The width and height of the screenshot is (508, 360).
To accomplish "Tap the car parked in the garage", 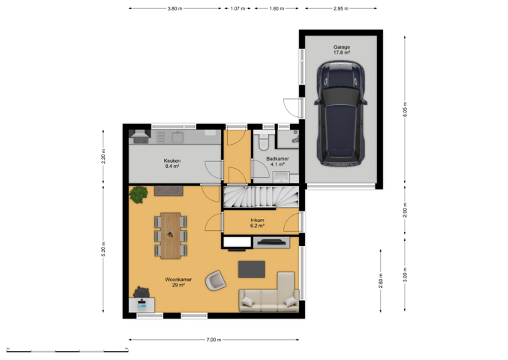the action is [x=341, y=113].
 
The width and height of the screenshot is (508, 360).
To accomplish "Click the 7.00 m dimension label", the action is [x=214, y=340].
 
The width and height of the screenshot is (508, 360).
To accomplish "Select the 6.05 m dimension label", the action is [x=405, y=109].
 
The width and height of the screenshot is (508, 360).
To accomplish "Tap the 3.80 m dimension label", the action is [x=175, y=8].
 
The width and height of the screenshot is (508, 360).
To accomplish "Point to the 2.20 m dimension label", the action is [x=103, y=156].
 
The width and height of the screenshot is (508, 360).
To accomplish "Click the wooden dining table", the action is [x=170, y=235].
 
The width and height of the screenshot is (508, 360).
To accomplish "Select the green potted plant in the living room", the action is [x=139, y=194].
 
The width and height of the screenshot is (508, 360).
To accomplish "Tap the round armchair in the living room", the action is [x=216, y=280].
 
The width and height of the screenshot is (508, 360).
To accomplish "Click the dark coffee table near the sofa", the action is [x=252, y=269].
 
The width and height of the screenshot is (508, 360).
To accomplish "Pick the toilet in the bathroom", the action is [x=264, y=142].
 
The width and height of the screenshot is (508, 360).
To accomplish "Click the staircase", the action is [x=261, y=196].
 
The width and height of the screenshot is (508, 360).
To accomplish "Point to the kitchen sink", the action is [x=178, y=137].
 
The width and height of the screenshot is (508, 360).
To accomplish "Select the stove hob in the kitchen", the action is [x=141, y=140].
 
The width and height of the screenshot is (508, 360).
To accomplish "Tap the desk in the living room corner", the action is [x=142, y=304].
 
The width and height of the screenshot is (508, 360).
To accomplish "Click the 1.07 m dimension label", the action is [x=238, y=8].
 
